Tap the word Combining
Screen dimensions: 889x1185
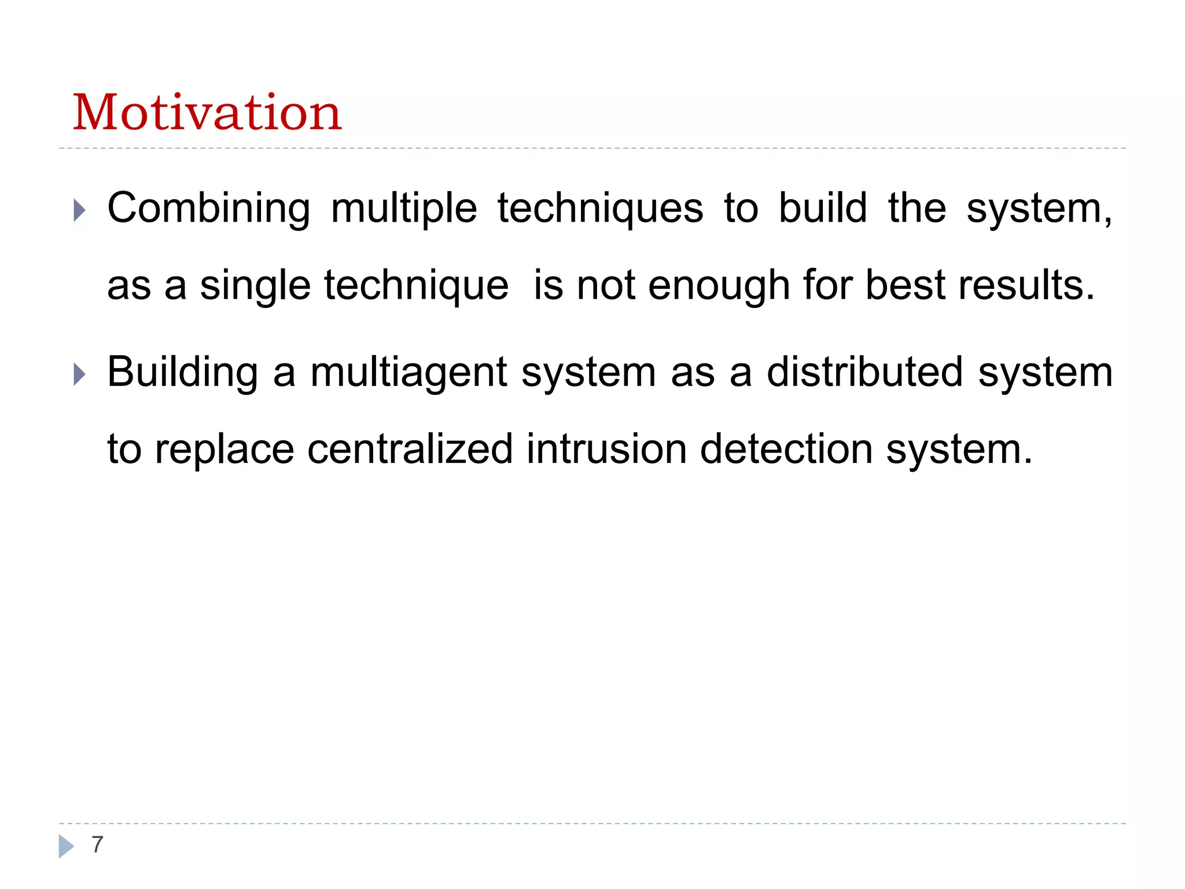tap(209, 209)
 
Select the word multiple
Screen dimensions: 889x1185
tap(404, 209)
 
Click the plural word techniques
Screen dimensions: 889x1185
tap(601, 209)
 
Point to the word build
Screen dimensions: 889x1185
tap(823, 208)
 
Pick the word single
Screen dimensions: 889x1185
tap(255, 286)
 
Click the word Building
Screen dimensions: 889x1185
tap(182, 373)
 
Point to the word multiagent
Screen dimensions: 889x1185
tap(409, 373)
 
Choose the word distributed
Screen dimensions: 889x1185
tap(864, 372)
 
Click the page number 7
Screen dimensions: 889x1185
tap(97, 844)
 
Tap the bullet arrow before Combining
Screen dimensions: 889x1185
tap(80, 210)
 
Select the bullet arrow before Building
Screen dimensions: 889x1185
tap(80, 374)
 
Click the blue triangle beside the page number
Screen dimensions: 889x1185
tap(66, 846)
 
